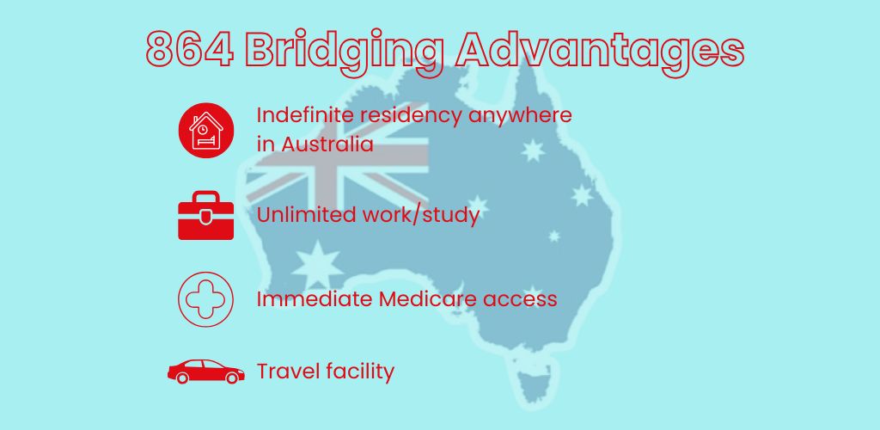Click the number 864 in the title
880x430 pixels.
[190, 51]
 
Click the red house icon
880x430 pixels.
[205, 130]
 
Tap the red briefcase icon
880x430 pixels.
[205, 216]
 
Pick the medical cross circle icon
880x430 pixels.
[205, 298]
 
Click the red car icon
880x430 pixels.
[205, 372]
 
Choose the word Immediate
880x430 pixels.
[309, 298]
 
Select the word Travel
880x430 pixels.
[288, 372]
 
